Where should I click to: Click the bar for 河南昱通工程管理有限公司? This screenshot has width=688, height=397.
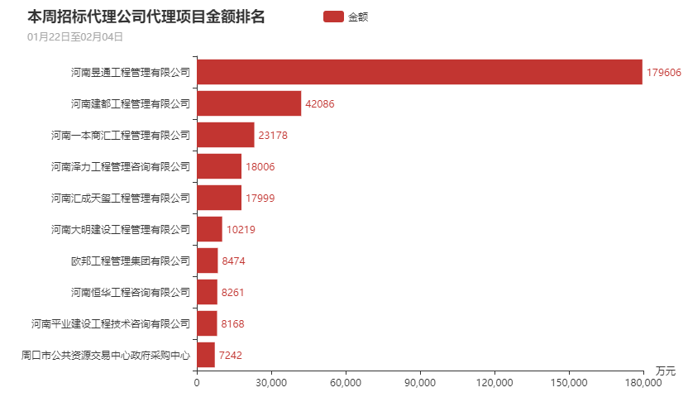[419, 72]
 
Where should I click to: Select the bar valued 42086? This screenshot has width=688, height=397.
[249, 103]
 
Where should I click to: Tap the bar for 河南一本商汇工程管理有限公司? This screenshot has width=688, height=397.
[225, 135]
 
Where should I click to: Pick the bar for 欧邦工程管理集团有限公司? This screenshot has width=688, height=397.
[207, 261]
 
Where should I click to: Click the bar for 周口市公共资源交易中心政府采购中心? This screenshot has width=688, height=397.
[205, 355]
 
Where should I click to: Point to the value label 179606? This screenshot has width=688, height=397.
[663, 72]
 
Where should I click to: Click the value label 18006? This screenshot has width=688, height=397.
[260, 166]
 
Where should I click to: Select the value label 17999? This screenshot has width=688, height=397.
[260, 198]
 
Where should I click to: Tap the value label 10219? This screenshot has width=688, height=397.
[241, 229]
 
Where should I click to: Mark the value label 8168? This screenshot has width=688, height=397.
[233, 323]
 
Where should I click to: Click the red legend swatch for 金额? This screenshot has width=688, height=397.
[332, 17]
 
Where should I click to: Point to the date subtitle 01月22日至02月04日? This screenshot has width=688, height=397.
[75, 36]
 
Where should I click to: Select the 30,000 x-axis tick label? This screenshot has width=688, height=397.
[270, 383]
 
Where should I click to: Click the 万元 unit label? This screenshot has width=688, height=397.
[665, 370]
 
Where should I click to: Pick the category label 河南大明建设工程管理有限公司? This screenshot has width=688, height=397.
[121, 229]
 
